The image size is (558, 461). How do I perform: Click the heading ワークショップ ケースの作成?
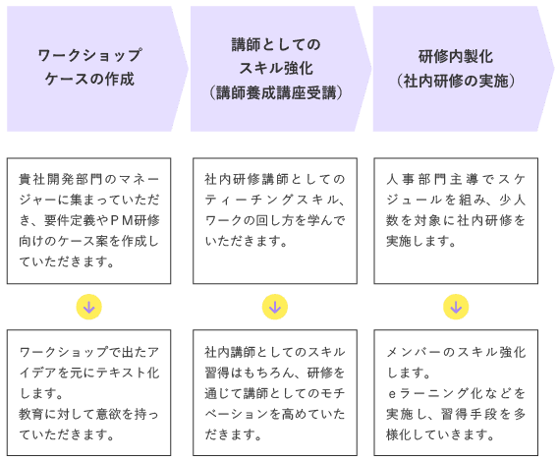pyautogui.click(x=89, y=67)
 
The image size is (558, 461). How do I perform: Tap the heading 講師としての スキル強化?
pyautogui.click(x=276, y=56)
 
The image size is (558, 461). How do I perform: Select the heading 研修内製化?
pyautogui.click(x=456, y=56)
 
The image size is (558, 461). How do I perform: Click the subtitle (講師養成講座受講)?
pyautogui.click(x=276, y=93)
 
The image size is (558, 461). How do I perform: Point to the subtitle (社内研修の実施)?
pyautogui.click(x=456, y=81)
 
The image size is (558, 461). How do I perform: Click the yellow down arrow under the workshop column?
pyautogui.click(x=89, y=307)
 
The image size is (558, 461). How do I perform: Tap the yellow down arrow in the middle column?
pyautogui.click(x=275, y=307)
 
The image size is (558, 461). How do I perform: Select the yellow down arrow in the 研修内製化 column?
pyautogui.click(x=456, y=307)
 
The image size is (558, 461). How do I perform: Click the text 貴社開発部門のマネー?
pyautogui.click(x=89, y=179)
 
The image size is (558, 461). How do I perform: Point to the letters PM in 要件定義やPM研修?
pyautogui.click(x=122, y=220)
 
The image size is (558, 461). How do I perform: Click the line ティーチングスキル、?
pyautogui.click(x=275, y=200)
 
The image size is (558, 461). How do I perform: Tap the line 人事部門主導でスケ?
pyautogui.click(x=456, y=179)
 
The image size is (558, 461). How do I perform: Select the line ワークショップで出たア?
pyautogui.click(x=89, y=352)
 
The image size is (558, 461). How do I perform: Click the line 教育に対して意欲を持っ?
pyautogui.click(x=89, y=414)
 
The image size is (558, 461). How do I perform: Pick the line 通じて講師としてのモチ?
pyautogui.click(x=275, y=393)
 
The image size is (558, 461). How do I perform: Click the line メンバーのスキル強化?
pyautogui.click(x=456, y=352)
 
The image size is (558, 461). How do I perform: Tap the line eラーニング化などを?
pyautogui.click(x=456, y=393)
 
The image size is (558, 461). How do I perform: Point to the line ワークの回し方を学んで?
pyautogui.click(x=275, y=220)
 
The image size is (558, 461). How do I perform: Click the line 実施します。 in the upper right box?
pyautogui.click(x=421, y=241)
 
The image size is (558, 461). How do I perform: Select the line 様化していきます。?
pyautogui.click(x=440, y=434)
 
